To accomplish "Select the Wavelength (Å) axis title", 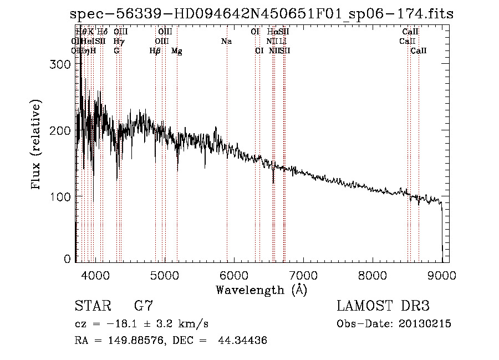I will [261, 290].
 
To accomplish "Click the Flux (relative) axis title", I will [37, 145].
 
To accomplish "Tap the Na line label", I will [226, 42].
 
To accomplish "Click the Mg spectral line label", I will [177, 51].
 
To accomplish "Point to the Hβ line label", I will [155, 51].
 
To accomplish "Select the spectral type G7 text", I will [144, 306].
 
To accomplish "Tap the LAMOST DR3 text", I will [383, 306].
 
